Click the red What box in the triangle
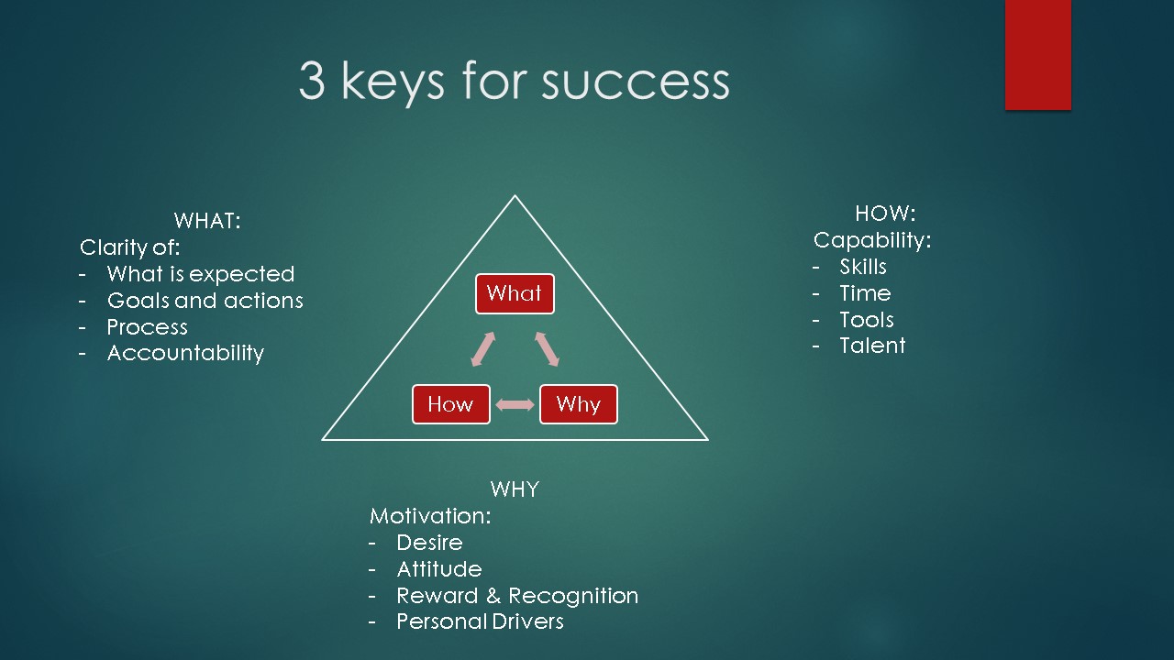pos(515,294)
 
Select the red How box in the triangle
pos(450,404)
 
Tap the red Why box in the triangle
pos(579,404)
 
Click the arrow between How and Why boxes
pos(515,404)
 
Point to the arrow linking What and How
pos(482,349)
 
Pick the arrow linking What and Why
pos(548,349)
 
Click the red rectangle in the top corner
pos(1037,55)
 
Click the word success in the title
pos(636,82)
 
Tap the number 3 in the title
pos(312,80)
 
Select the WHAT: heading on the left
pos(207,221)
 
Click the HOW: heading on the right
pos(885,214)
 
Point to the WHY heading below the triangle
pos(515,489)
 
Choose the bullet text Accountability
pos(185,354)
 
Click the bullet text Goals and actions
pos(205,301)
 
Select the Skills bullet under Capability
pos(863,267)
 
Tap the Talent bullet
pos(872,346)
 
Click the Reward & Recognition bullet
pos(517,596)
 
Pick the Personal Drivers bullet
pos(480,621)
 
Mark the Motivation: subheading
pos(430,516)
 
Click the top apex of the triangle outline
pos(515,196)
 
